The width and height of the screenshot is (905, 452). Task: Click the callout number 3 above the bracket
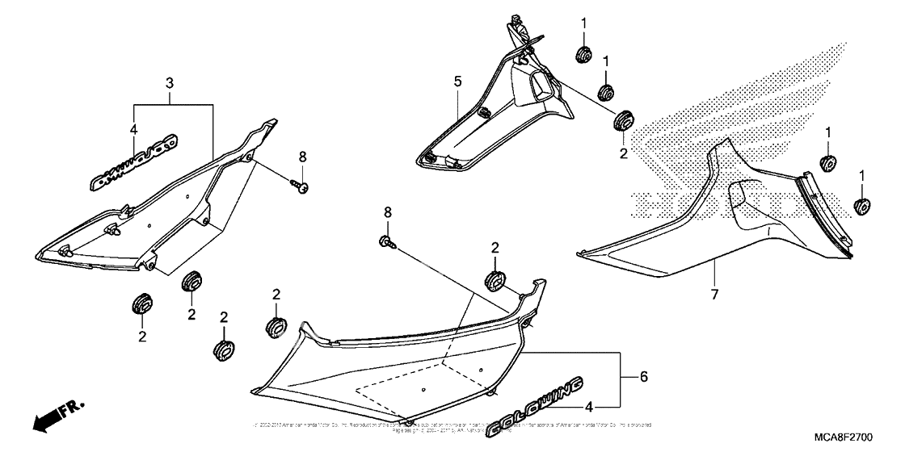click(170, 83)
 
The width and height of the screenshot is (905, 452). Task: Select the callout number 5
click(457, 82)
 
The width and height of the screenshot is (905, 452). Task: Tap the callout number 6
click(644, 377)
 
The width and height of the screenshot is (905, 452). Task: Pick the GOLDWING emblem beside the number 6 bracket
click(536, 408)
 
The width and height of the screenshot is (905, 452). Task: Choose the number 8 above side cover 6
click(387, 212)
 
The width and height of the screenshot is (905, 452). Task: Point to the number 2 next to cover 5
click(623, 152)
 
